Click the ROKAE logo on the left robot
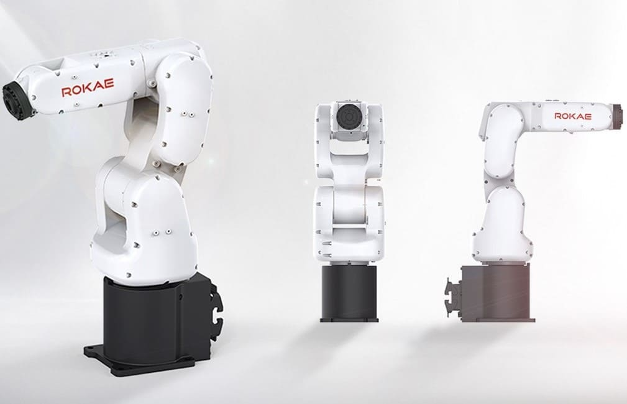click(87, 90)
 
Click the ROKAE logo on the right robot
click(572, 116)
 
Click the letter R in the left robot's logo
click(66, 91)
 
